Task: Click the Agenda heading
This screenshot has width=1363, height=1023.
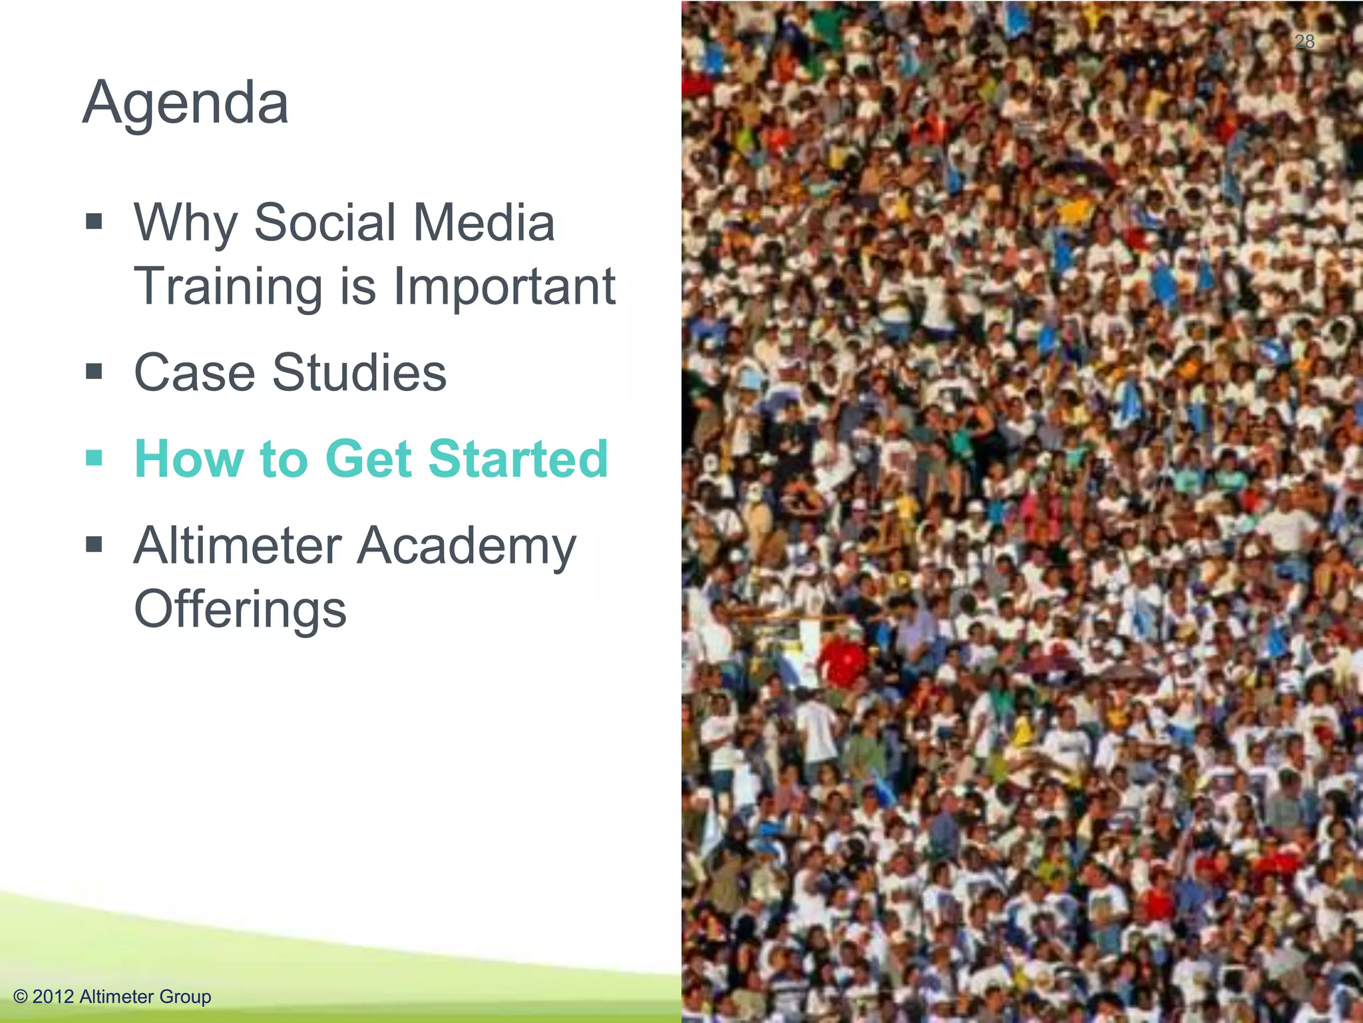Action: pyautogui.click(x=186, y=104)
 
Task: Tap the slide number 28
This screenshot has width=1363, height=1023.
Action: pyautogui.click(x=1304, y=42)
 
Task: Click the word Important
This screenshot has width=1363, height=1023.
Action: pyautogui.click(x=504, y=286)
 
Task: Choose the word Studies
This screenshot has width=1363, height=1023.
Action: pyautogui.click(x=359, y=372)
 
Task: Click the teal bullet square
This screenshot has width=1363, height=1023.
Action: pyautogui.click(x=94, y=458)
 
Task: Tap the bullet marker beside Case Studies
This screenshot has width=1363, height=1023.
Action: pyautogui.click(x=94, y=371)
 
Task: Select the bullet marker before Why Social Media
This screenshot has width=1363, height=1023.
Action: pyautogui.click(x=94, y=220)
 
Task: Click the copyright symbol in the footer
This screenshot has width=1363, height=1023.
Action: pyautogui.click(x=21, y=996)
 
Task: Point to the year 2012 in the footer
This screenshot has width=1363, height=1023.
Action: pyautogui.click(x=53, y=996)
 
